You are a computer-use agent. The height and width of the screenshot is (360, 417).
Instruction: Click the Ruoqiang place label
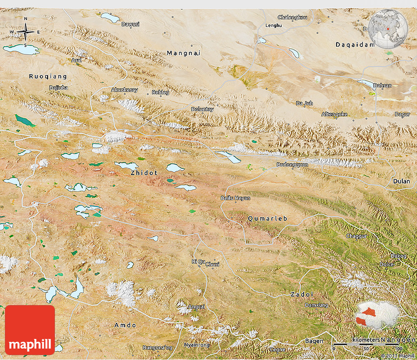pos(48,77)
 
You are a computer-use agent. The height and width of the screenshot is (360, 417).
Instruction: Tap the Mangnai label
pos(184,53)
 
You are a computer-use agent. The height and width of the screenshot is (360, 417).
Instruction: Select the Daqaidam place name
pos(355,45)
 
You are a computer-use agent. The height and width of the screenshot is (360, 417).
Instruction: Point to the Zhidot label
pos(144,173)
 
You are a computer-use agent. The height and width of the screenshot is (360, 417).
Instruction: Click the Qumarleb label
pos(267,218)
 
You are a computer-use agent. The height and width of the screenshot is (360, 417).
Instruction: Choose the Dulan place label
pos(401,181)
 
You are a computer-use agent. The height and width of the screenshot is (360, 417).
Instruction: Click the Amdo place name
pos(125,325)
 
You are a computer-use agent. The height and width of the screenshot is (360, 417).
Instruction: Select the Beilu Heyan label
pos(235,198)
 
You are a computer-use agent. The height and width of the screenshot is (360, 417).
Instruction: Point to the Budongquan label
pos(292,165)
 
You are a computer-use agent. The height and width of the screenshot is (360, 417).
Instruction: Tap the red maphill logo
pos(30,330)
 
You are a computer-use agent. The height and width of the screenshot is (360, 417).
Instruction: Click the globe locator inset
pos(388,28)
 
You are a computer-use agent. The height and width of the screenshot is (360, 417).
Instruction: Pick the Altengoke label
pos(335,114)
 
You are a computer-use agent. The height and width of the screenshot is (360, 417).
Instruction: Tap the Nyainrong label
pos(197,345)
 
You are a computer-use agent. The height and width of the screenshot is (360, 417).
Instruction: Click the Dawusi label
pos(130,24)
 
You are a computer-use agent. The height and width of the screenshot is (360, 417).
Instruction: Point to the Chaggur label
pos(356,236)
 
